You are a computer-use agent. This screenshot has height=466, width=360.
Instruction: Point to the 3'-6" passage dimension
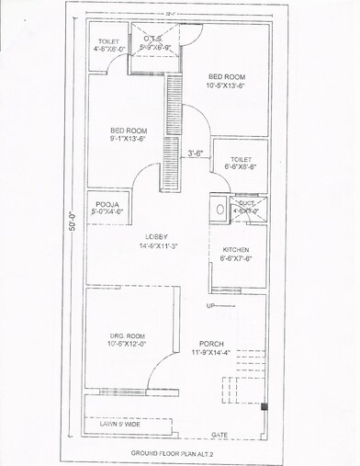click(x=196, y=153)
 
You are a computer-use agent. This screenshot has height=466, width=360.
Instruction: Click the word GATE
click(x=219, y=434)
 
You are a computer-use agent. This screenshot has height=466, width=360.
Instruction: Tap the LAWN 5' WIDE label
click(x=118, y=426)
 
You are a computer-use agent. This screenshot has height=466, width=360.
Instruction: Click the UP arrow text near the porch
click(x=210, y=305)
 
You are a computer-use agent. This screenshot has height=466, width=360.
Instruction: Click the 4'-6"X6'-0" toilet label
click(x=107, y=46)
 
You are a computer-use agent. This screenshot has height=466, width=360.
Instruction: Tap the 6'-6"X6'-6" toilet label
click(x=242, y=164)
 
